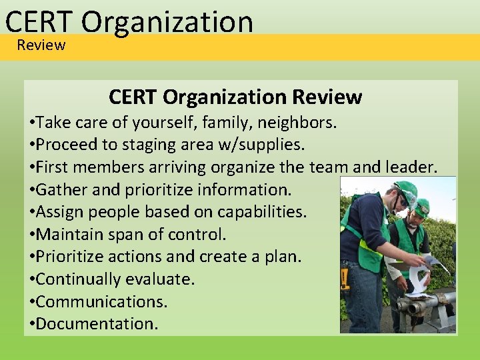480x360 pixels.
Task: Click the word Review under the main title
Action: [41, 45]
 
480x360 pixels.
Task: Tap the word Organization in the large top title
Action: [167, 21]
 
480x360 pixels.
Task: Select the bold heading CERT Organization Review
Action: [235, 97]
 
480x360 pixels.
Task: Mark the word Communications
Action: [102, 301]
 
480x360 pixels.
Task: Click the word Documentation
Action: [97, 324]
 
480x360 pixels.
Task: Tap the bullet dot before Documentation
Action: [32, 325]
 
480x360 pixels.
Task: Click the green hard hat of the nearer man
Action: [405, 190]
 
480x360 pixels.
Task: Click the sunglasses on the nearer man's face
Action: [403, 201]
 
